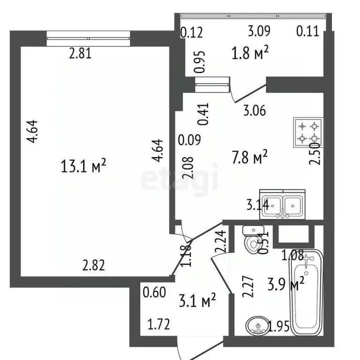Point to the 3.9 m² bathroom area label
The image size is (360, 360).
[286, 283]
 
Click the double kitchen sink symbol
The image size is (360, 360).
[283, 205]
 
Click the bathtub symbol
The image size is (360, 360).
[307, 292]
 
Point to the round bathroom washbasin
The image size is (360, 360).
[256, 325]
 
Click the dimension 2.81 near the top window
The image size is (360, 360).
[80, 53]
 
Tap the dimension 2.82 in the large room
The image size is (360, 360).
[93, 266]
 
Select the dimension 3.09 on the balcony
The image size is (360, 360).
[259, 32]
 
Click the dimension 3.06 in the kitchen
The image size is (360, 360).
[254, 111]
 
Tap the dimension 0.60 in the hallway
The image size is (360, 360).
[154, 292]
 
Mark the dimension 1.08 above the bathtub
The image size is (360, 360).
[292, 256]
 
